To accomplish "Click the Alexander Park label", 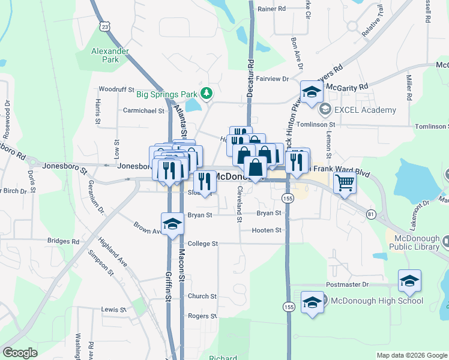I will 110,55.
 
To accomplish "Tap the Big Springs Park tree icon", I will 206,94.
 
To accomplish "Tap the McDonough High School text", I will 376,301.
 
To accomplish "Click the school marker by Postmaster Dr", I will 410,281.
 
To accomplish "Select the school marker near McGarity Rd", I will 312,92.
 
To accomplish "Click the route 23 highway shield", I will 106,26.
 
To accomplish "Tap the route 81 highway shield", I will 372,214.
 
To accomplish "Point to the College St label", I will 202,244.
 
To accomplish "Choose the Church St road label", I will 202,296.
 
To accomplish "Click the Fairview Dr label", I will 273,79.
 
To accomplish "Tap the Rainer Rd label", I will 271,9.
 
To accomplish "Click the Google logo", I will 20,353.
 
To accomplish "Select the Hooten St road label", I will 267,230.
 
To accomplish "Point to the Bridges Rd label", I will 63,241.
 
